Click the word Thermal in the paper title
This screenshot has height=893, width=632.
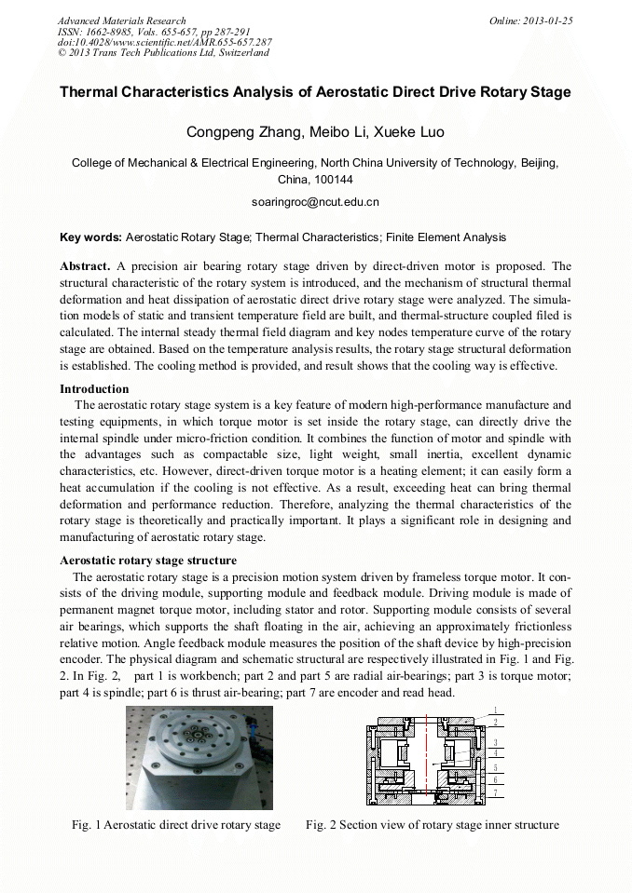(x=92, y=92)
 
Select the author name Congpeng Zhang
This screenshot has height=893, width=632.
(x=239, y=132)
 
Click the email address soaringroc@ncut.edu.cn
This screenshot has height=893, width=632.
(x=315, y=201)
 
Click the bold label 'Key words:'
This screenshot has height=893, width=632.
(x=89, y=237)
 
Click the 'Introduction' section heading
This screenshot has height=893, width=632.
(x=94, y=389)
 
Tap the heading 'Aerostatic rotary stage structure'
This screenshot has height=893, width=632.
(x=147, y=561)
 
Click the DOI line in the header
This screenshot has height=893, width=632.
(x=164, y=43)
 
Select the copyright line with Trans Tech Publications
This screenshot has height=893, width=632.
(x=163, y=53)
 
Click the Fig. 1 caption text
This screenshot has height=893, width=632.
(x=176, y=825)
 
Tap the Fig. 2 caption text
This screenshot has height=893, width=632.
(x=432, y=825)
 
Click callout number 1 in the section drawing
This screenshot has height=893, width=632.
(x=496, y=710)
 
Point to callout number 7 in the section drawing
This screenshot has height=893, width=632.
(x=496, y=792)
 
